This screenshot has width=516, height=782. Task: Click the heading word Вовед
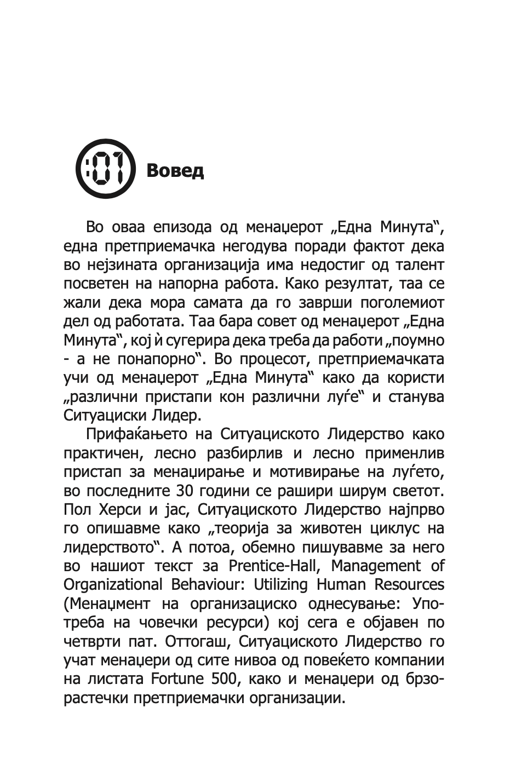pyautogui.click(x=175, y=170)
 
